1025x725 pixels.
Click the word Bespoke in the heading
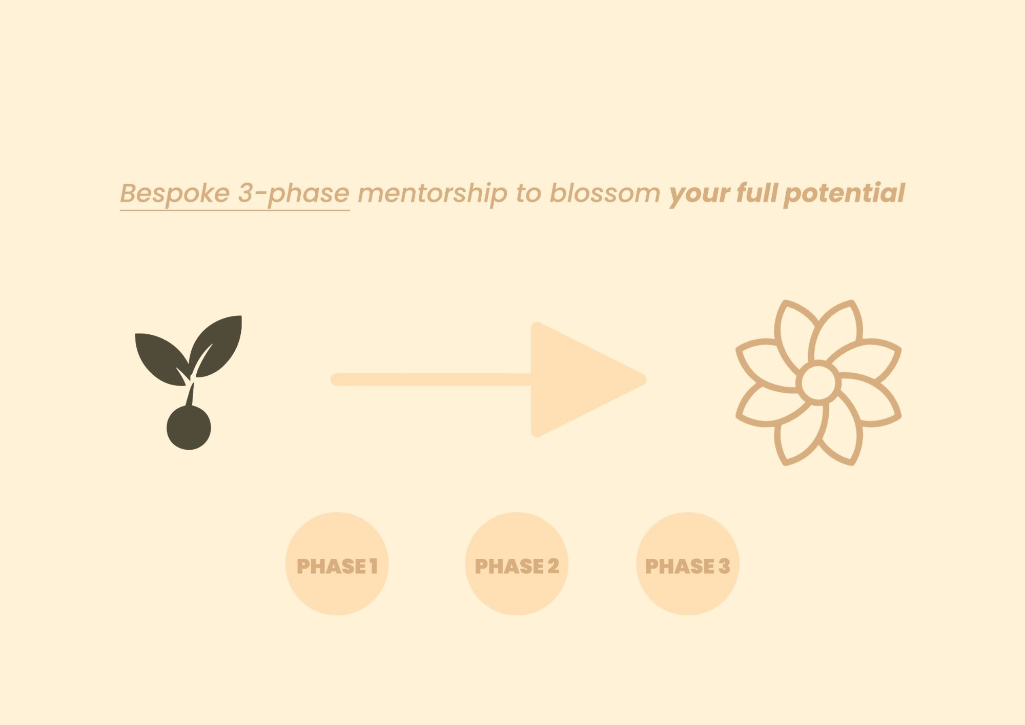175,193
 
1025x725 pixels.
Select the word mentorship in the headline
432,194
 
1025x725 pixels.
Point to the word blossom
605,193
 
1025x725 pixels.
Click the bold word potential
845,193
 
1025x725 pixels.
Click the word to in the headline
528,194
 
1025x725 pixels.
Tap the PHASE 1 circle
337,563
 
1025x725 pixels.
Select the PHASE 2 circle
517,563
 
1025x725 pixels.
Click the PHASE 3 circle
687,563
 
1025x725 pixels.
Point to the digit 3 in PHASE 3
724,566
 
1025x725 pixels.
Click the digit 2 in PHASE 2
553,566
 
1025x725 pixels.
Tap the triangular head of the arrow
579,379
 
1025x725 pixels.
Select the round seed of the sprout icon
189,428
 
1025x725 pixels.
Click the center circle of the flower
818,382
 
